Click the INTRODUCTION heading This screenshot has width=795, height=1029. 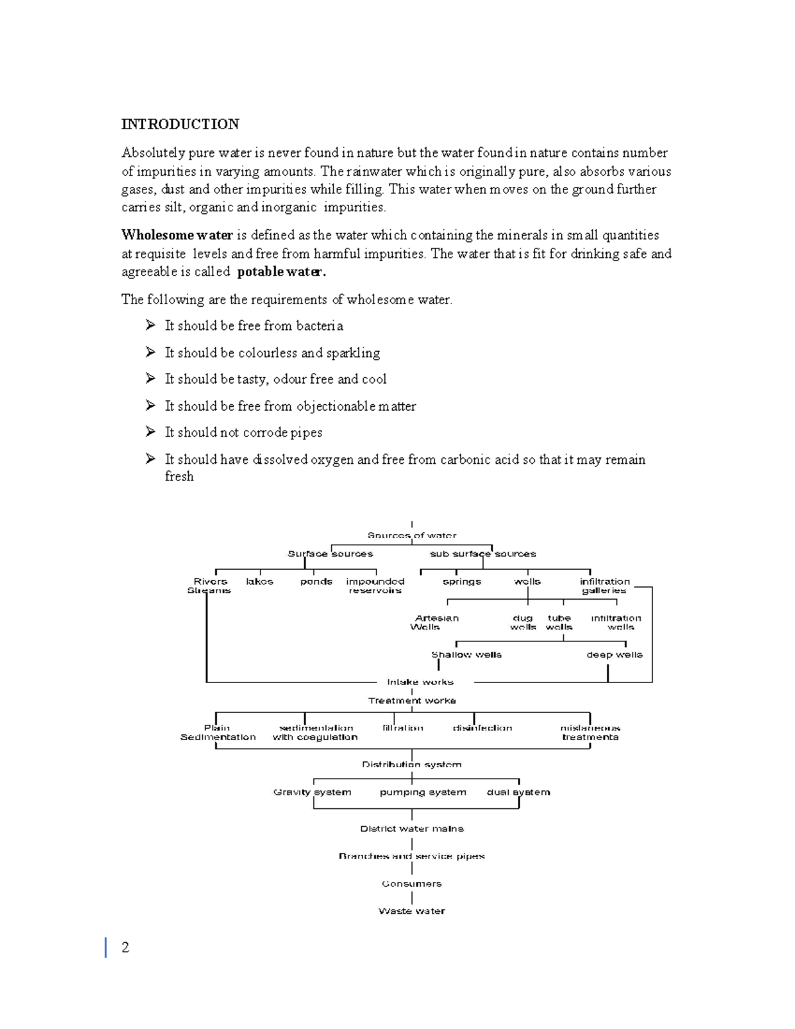(180, 125)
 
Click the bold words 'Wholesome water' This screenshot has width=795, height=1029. (177, 235)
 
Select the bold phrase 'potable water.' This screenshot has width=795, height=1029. (282, 272)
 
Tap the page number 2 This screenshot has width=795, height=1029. (125, 948)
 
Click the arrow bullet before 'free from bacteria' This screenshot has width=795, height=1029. (150, 325)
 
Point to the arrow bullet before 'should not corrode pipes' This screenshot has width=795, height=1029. (150, 432)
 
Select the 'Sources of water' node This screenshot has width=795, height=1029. (412, 535)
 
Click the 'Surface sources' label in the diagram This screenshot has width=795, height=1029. (330, 554)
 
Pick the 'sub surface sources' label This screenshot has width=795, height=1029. (483, 554)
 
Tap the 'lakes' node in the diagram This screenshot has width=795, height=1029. (259, 582)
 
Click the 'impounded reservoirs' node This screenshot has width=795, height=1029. (375, 586)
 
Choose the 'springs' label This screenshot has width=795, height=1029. (462, 582)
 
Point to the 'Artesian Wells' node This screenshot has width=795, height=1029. (436, 622)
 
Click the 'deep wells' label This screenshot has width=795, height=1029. (614, 655)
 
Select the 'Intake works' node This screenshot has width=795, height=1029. (420, 682)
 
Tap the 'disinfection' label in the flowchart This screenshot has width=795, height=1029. (482, 728)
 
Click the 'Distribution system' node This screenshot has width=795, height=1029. (411, 765)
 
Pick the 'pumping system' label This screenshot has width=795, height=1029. (423, 792)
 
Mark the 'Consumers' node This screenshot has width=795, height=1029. (411, 884)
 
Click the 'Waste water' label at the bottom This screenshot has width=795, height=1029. (411, 911)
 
